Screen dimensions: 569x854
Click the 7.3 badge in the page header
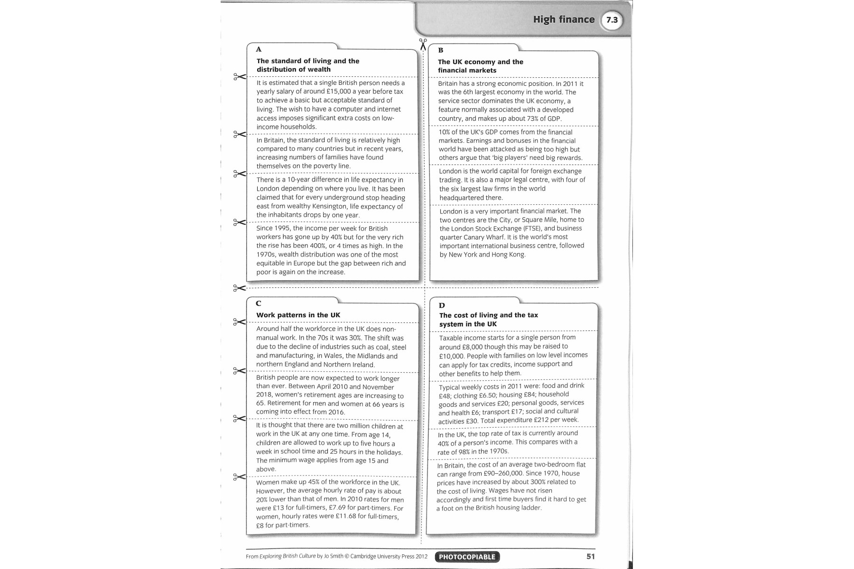612,20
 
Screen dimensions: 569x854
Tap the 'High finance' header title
564,19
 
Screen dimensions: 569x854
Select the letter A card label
259,49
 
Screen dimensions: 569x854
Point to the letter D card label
442,305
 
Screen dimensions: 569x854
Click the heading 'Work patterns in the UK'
298,315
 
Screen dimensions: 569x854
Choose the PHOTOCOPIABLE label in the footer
467,557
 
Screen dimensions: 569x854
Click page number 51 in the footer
590,556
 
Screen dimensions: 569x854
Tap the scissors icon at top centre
423,44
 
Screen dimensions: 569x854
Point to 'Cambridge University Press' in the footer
389,557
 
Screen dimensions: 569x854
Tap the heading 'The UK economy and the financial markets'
480,66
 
